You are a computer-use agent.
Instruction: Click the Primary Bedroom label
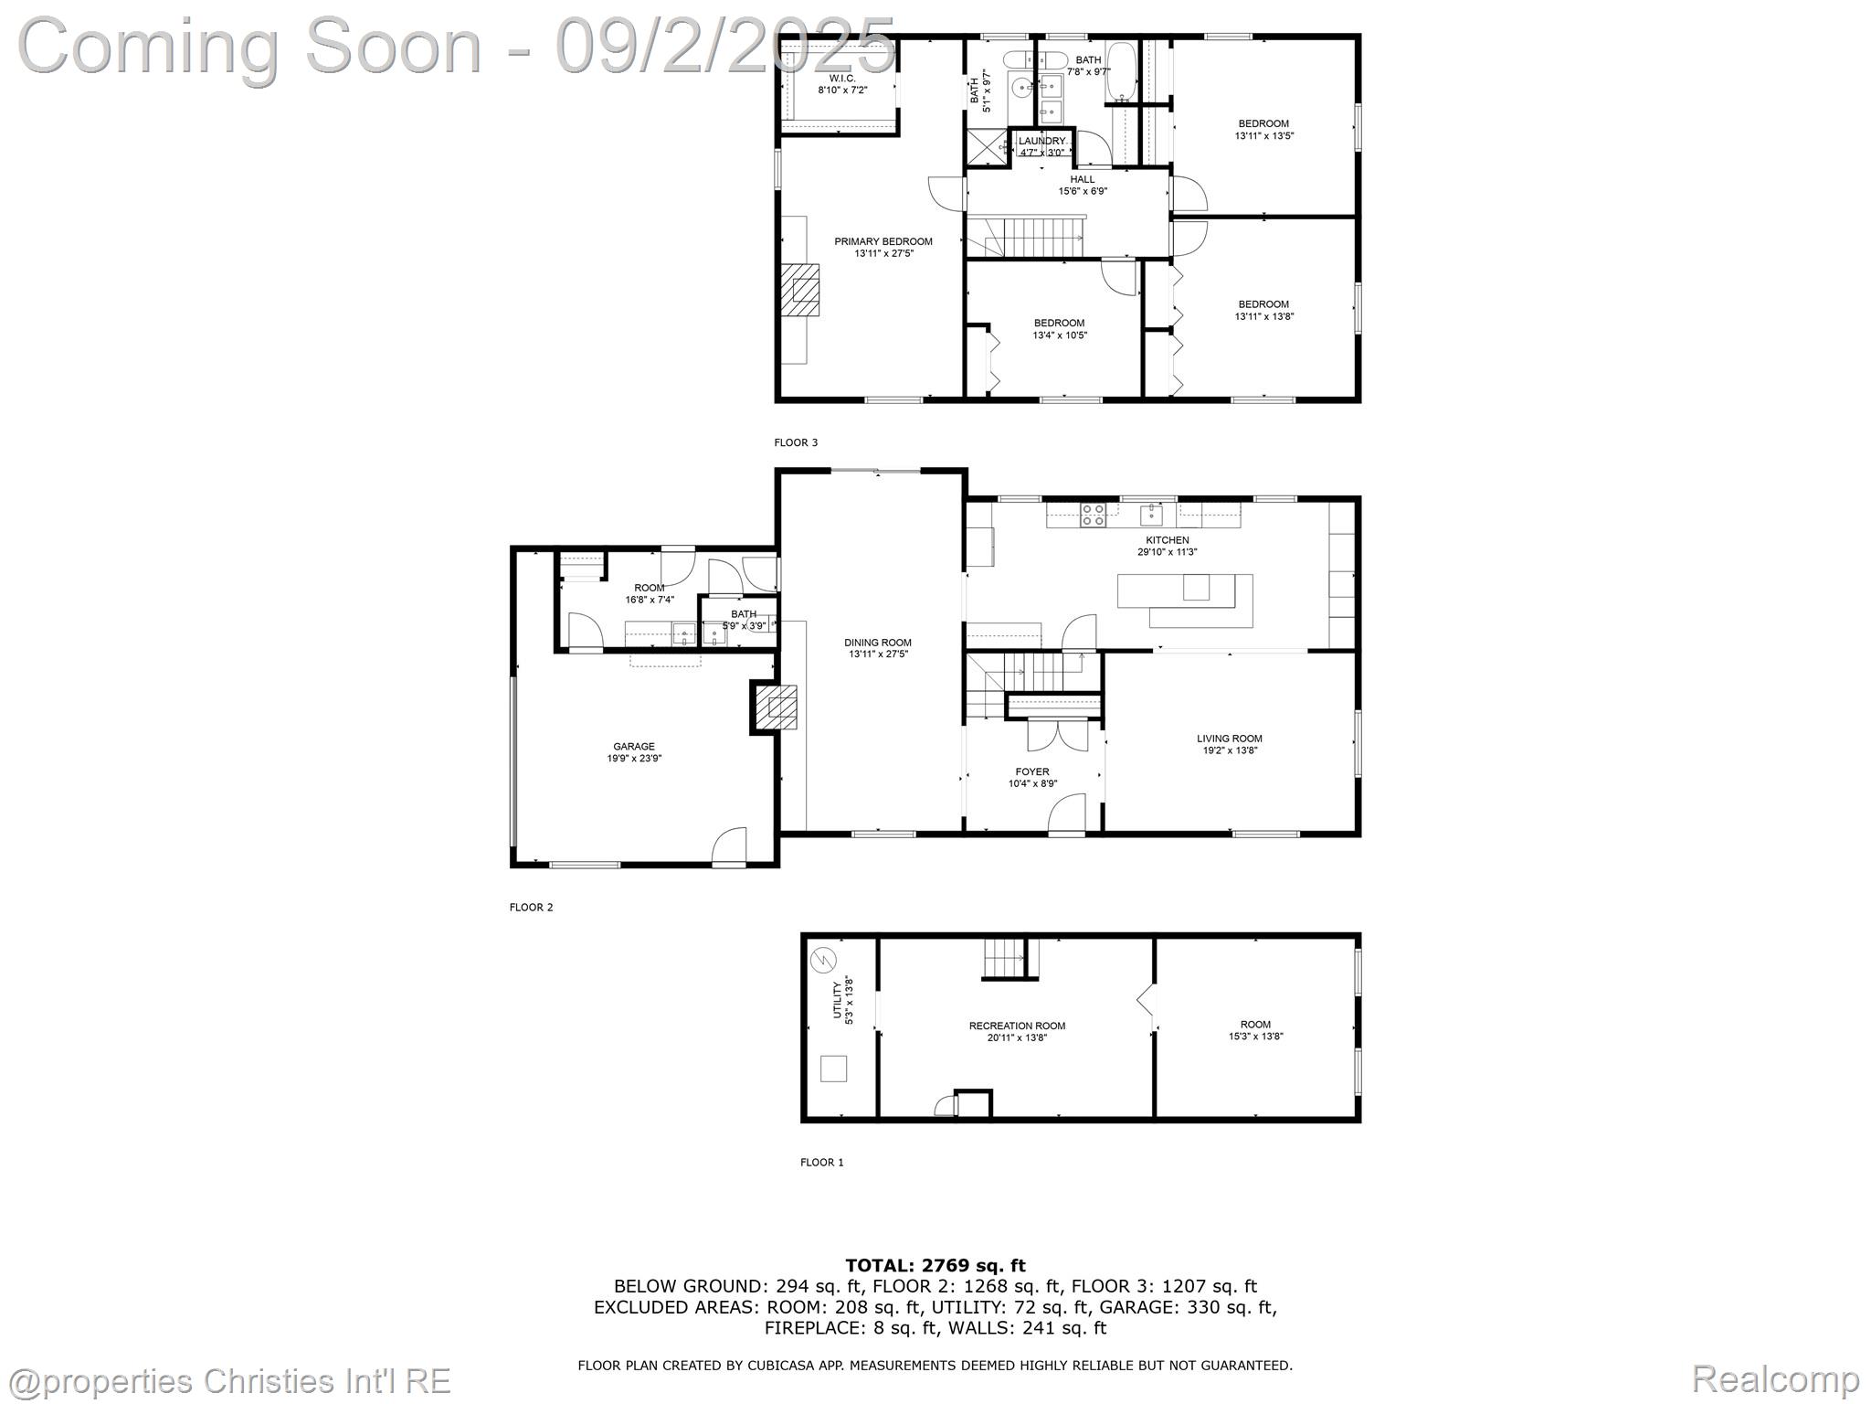click(883, 248)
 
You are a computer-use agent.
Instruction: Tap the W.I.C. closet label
click(842, 84)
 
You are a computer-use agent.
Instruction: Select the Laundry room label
click(1041, 146)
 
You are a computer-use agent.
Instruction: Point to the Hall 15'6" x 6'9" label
click(1083, 186)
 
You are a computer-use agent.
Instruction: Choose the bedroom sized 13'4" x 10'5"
click(1059, 329)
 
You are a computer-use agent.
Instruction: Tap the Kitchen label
click(1167, 546)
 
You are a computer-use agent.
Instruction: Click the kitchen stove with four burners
click(1093, 516)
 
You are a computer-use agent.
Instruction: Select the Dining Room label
click(877, 648)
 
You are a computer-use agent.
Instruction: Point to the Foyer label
click(1032, 777)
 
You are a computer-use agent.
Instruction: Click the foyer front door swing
click(1067, 813)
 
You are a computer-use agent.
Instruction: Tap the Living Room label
click(1229, 744)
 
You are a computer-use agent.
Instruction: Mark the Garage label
click(633, 752)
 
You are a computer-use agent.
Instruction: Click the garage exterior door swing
click(730, 846)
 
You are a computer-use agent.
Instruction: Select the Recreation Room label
click(1017, 1031)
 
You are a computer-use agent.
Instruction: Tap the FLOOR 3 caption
click(796, 442)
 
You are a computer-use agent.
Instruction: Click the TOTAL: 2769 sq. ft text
click(935, 1265)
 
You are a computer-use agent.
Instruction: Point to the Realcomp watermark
click(1775, 1377)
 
